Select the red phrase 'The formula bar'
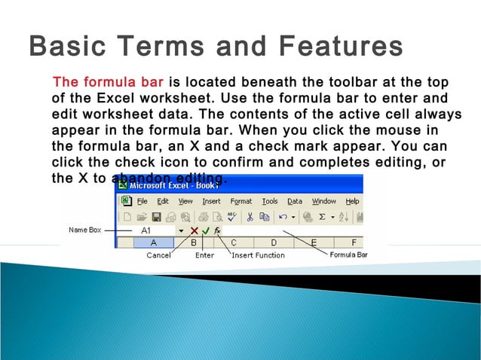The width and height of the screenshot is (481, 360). point(109,82)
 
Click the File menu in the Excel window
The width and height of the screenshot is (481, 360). point(142,201)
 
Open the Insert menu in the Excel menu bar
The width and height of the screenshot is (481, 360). point(211,201)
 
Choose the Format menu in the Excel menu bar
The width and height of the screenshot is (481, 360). point(241,201)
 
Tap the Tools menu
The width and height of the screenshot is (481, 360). point(270,201)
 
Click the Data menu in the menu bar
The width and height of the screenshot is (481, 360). point(295,201)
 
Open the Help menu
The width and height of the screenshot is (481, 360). point(352,201)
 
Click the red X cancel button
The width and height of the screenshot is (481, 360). point(195,230)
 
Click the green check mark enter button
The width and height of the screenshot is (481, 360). point(206,230)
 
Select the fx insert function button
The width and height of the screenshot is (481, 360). point(217,230)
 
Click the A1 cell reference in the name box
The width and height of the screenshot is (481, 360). point(146,230)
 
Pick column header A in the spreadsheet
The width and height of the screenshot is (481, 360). point(154,243)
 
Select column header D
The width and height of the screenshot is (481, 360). point(274,243)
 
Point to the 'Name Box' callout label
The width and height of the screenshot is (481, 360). point(85,230)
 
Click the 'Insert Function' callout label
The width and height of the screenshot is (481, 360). point(258,255)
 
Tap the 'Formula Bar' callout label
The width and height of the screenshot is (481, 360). point(348,255)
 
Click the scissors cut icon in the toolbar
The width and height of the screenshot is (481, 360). point(250,216)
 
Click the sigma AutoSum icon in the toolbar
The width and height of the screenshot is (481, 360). point(322,216)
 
